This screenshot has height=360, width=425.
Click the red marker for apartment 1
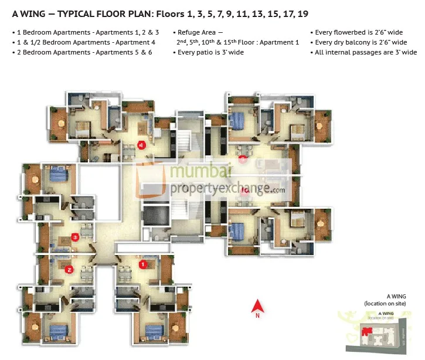(x=142, y=264)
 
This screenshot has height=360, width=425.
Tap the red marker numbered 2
(x=69, y=270)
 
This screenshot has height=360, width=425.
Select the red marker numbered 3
(x=75, y=237)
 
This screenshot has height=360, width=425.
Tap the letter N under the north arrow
(x=257, y=316)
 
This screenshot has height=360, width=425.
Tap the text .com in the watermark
(x=278, y=189)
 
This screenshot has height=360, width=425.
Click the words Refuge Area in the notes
(x=199, y=33)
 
